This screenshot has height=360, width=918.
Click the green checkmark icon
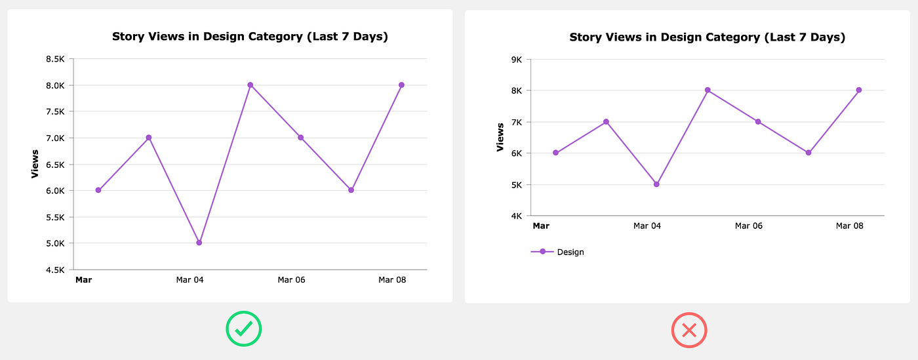coord(243,329)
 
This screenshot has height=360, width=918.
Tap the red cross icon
coord(689,330)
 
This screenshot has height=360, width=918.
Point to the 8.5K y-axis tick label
coord(55,59)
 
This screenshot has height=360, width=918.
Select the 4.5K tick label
coord(55,270)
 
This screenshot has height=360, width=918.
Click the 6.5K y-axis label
coord(55,164)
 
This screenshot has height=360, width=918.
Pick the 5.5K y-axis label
coord(55,217)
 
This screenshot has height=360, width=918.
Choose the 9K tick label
coord(515,59)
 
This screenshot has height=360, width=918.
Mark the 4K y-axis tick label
coord(515,216)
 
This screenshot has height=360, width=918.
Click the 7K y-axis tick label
coord(515,122)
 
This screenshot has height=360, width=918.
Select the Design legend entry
coord(557,252)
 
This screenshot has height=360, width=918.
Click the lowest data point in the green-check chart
coord(199,243)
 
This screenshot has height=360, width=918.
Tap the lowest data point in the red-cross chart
coord(656,184)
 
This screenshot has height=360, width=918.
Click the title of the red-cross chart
coord(707,37)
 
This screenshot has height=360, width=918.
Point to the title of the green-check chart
coord(250,37)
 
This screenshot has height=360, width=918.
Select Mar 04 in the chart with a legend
coord(647,226)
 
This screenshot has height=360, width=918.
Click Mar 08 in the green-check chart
coord(392,280)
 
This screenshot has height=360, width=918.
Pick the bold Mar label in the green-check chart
coord(83,280)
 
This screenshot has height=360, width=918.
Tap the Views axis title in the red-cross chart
coord(500,137)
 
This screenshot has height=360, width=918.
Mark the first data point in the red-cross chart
coord(555,153)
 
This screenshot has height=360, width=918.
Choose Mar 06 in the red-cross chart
coord(749,226)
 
